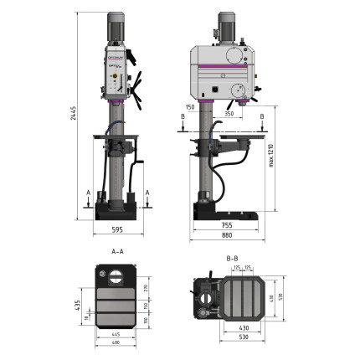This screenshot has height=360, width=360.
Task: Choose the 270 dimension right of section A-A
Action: (x=144, y=287)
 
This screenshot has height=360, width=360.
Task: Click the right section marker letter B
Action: (x=263, y=117)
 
